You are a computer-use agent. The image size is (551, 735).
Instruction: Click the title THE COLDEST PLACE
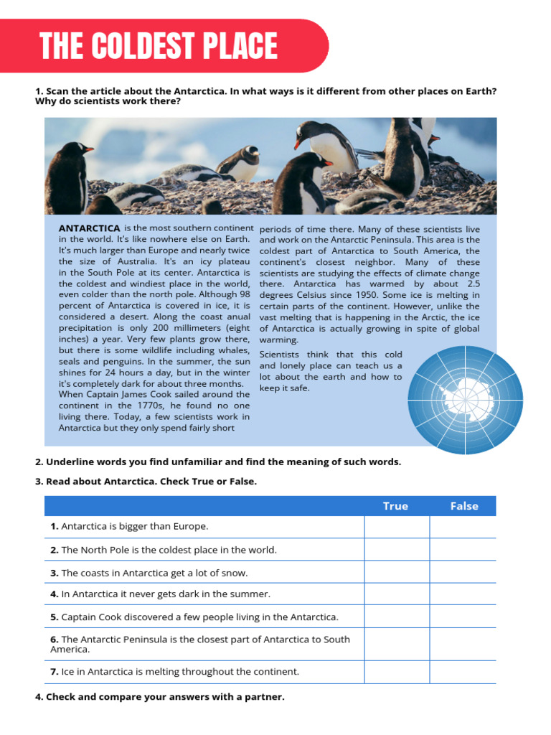[x=159, y=47]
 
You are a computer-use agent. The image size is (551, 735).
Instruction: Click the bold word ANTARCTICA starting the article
[x=89, y=228]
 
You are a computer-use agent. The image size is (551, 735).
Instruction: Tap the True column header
[x=395, y=506]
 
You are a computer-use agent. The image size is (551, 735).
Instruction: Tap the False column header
[x=463, y=506]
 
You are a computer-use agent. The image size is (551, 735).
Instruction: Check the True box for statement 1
[x=397, y=527]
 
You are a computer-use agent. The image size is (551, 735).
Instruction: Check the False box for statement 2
[x=463, y=550]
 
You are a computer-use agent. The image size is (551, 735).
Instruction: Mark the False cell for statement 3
[x=463, y=573]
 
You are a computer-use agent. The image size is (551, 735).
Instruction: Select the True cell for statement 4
[x=397, y=594]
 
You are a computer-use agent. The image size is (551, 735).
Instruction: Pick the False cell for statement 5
[x=463, y=617]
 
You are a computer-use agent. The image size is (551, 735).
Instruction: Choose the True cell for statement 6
[x=397, y=644]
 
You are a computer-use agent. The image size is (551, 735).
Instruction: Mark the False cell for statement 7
[x=463, y=672]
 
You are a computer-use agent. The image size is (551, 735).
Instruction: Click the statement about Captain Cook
[x=194, y=617]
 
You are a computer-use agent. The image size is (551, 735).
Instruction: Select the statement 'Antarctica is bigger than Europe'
[x=129, y=527]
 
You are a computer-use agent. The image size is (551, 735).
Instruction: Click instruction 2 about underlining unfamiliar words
[x=218, y=462]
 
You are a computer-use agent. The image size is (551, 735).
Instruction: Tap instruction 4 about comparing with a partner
[x=159, y=696]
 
